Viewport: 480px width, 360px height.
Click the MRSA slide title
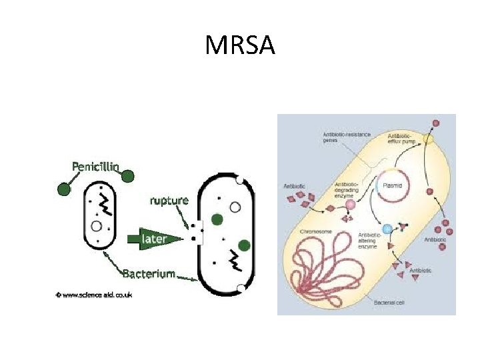(x=240, y=46)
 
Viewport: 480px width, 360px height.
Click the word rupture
(x=169, y=199)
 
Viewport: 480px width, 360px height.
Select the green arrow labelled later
(x=153, y=239)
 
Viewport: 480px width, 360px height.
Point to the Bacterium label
(x=148, y=273)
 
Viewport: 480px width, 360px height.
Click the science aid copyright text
(x=93, y=294)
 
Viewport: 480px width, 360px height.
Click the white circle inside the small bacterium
(x=97, y=227)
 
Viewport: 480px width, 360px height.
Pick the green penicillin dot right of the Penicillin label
(x=128, y=176)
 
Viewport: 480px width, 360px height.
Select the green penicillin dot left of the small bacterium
(x=63, y=189)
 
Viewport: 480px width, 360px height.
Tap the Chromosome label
(x=316, y=231)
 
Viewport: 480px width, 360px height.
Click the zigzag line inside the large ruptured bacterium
(x=234, y=262)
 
